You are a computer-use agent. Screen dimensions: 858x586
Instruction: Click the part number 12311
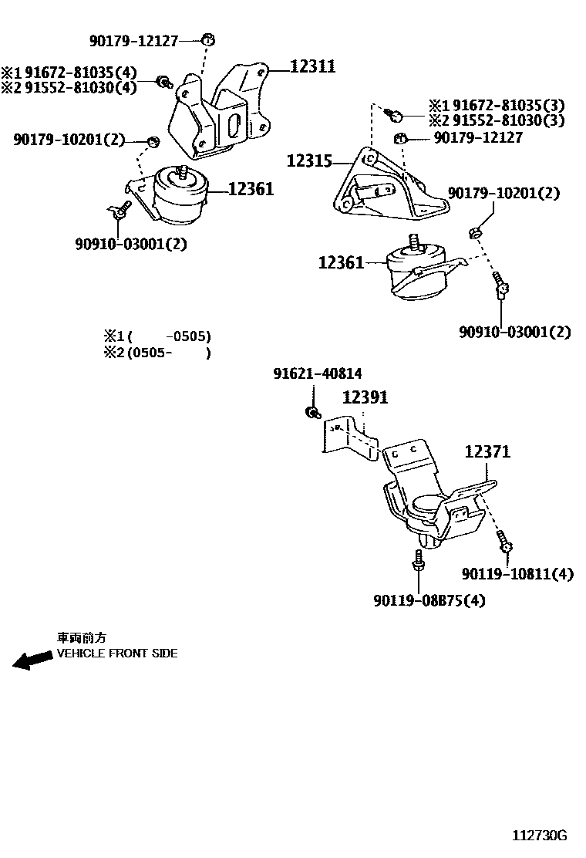click(313, 67)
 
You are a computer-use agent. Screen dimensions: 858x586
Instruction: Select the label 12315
click(309, 161)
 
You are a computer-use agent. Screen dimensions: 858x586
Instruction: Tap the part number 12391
click(365, 398)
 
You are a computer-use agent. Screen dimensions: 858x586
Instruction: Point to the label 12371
click(487, 452)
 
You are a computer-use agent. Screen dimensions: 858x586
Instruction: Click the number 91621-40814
click(317, 374)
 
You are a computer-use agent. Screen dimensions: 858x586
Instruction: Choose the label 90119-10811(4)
click(517, 574)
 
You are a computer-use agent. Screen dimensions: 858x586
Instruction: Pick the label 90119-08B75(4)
click(429, 600)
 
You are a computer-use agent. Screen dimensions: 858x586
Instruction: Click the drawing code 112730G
click(540, 836)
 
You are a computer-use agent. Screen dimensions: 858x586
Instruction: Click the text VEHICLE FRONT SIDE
click(117, 654)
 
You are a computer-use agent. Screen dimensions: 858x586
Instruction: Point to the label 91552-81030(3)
click(508, 120)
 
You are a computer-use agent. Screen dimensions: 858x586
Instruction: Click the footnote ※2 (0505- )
click(157, 353)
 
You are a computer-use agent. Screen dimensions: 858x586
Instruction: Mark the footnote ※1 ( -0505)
click(157, 336)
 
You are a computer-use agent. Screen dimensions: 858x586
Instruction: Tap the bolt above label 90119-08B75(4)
click(418, 562)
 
